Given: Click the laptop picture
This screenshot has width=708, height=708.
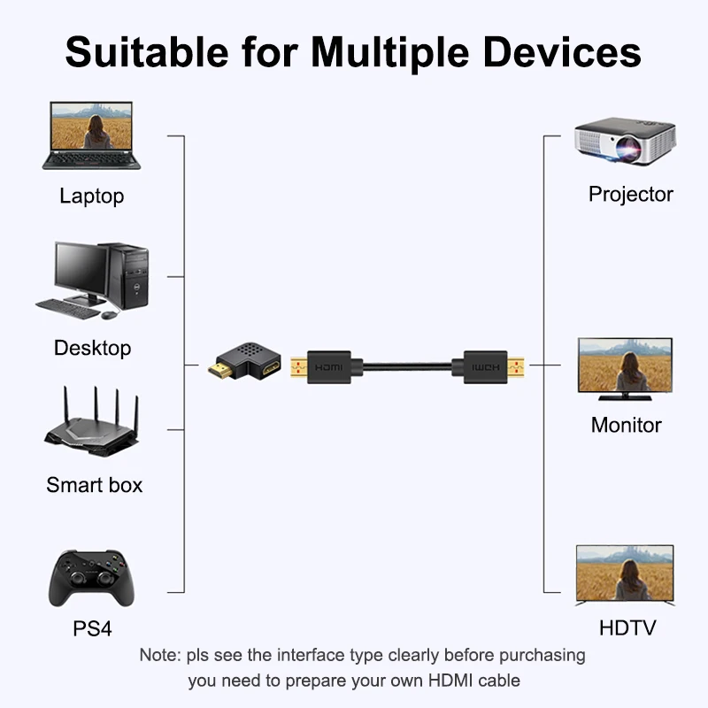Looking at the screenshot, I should (91, 135).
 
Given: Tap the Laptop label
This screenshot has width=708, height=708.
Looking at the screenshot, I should (91, 196).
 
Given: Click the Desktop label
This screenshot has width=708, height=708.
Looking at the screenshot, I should (92, 348).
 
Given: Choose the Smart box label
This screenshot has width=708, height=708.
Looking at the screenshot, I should (94, 485).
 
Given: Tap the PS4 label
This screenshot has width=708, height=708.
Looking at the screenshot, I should (92, 629).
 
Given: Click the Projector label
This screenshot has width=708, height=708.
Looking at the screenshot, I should (630, 195).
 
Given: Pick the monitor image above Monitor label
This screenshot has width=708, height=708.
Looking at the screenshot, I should (625, 365).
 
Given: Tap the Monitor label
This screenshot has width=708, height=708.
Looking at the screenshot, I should (626, 425).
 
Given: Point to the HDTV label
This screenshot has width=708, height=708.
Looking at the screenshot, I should (627, 628).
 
